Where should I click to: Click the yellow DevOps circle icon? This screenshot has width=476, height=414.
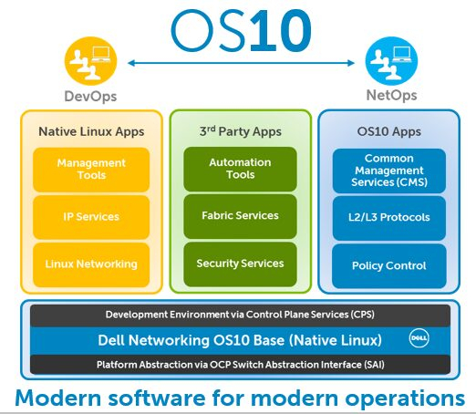tap(90, 61)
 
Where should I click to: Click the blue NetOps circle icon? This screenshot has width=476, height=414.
tap(391, 61)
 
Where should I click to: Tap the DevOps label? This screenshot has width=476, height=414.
tap(90, 97)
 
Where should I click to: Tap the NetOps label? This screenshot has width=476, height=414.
tap(391, 95)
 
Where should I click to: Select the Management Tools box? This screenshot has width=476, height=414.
tap(91, 170)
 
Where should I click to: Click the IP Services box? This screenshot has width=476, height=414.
tap(91, 217)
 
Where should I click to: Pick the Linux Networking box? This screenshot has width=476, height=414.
tap(91, 264)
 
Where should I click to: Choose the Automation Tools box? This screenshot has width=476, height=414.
tap(240, 169)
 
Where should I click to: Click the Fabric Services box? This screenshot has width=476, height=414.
tap(240, 216)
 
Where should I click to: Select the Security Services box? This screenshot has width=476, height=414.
tap(240, 264)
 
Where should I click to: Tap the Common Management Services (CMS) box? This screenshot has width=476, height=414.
tap(389, 171)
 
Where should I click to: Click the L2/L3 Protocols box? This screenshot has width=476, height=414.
tap(389, 218)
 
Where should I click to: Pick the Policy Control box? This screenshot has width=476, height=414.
tap(389, 266)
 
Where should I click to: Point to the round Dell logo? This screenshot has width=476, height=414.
tap(419, 338)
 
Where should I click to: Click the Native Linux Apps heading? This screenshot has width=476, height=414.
tap(91, 132)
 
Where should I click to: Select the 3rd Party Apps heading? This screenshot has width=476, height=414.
tap(241, 131)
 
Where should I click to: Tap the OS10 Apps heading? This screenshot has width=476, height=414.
tap(389, 131)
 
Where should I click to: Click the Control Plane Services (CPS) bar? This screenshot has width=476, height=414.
tap(240, 315)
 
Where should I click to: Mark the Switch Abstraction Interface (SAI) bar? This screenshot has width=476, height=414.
tap(240, 365)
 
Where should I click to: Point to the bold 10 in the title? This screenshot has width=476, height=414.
tap(280, 31)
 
